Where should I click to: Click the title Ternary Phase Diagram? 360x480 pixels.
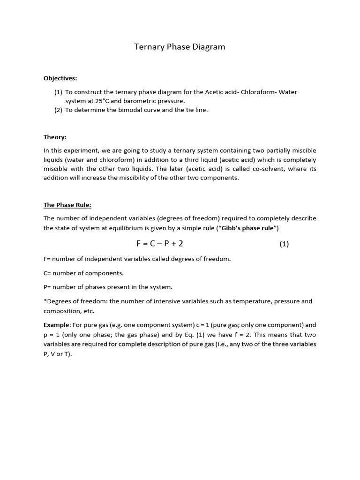click(x=180, y=47)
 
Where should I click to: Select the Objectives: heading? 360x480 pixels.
click(x=60, y=78)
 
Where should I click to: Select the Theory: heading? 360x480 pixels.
click(x=55, y=137)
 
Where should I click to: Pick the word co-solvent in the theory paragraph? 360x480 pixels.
click(x=265, y=169)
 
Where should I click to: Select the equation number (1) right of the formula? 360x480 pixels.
click(x=284, y=244)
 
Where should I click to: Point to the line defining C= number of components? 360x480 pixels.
click(x=83, y=273)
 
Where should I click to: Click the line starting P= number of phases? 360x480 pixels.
click(x=108, y=287)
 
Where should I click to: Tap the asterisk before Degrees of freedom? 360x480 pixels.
click(x=45, y=301)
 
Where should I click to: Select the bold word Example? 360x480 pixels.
click(x=56, y=325)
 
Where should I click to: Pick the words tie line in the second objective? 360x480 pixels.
click(x=196, y=110)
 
